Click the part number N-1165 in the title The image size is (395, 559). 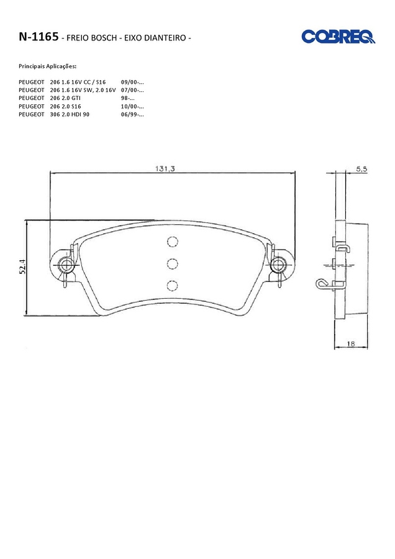click(x=39, y=37)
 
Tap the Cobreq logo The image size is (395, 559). click(x=338, y=37)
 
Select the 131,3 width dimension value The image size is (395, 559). click(x=165, y=168)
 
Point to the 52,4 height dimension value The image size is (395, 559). click(x=22, y=266)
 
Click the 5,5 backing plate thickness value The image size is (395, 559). click(x=361, y=170)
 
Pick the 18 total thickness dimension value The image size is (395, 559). click(x=351, y=344)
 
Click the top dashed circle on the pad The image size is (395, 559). click(x=173, y=242)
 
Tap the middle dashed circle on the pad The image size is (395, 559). click(x=173, y=264)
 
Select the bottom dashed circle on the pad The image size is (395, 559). click(x=173, y=286)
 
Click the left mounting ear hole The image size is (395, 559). click(x=66, y=265)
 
